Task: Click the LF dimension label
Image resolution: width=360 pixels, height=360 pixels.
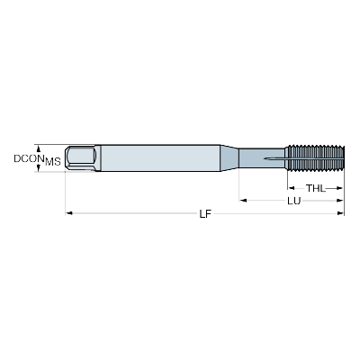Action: pyautogui.click(x=205, y=213)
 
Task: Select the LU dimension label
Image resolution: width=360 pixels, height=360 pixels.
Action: pyautogui.click(x=293, y=201)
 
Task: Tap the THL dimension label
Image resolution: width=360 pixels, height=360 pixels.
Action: pyautogui.click(x=315, y=188)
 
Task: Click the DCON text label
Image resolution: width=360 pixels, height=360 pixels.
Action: pyautogui.click(x=26, y=158)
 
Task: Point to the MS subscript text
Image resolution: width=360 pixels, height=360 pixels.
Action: pyautogui.click(x=53, y=162)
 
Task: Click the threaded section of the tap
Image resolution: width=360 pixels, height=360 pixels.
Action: pyautogui.click(x=314, y=158)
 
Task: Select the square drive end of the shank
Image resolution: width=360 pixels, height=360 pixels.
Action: pyautogui.click(x=81, y=158)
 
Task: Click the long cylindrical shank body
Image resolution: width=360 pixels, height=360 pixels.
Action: pyautogui.click(x=160, y=158)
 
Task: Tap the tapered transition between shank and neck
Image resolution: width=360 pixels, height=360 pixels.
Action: pyautogui.click(x=229, y=158)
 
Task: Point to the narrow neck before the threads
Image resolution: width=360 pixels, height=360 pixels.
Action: pyautogui.click(x=262, y=158)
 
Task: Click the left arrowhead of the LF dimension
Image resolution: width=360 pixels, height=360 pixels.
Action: pyautogui.click(x=69, y=213)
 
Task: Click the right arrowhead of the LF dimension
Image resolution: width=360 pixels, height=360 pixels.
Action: pyautogui.click(x=340, y=213)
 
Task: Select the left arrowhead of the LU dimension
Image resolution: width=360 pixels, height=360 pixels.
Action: pyautogui.click(x=243, y=201)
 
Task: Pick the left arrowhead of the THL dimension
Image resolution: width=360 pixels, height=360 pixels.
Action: pyautogui.click(x=291, y=188)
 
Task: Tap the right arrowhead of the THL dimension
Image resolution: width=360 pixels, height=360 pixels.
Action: pyautogui.click(x=338, y=188)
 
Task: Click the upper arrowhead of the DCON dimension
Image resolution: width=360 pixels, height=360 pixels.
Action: pyautogui.click(x=38, y=148)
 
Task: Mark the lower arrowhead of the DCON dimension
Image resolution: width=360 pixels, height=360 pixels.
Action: pyautogui.click(x=38, y=168)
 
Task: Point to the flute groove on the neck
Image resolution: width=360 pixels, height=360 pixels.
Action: pyautogui.click(x=274, y=158)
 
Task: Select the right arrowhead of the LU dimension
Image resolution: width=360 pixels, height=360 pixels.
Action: pyautogui.click(x=339, y=201)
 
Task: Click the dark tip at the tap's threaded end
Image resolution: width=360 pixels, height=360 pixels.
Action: pyautogui.click(x=343, y=158)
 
